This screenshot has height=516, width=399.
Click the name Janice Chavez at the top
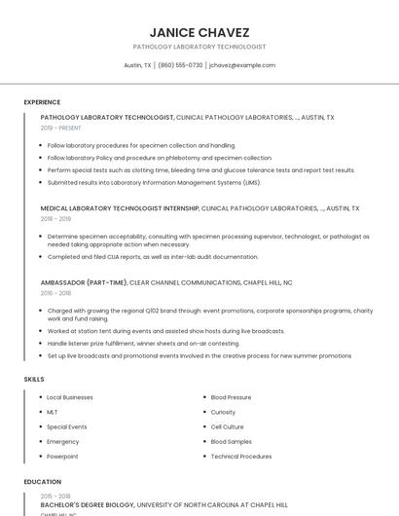(199, 31)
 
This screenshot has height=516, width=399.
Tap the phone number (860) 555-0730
(180, 65)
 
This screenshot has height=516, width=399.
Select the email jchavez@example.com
(241, 65)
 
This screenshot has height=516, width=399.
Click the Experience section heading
(42, 102)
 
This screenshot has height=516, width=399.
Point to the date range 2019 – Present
(61, 128)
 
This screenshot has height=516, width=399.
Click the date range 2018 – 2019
(56, 219)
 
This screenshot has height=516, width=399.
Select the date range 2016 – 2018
(56, 292)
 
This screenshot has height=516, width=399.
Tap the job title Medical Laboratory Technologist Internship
(120, 208)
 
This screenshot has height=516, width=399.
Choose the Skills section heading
(33, 378)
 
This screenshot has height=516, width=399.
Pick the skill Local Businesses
(70, 397)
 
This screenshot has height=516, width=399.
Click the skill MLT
(53, 412)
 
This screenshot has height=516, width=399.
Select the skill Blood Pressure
(231, 397)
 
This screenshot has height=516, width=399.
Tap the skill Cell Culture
(228, 426)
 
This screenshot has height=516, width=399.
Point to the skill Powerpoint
(62, 456)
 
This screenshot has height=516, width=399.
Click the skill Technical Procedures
(241, 456)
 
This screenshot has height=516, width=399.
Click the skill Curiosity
(223, 412)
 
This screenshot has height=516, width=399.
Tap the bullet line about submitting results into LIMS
(154, 182)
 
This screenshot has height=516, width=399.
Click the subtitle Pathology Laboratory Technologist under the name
(199, 47)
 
